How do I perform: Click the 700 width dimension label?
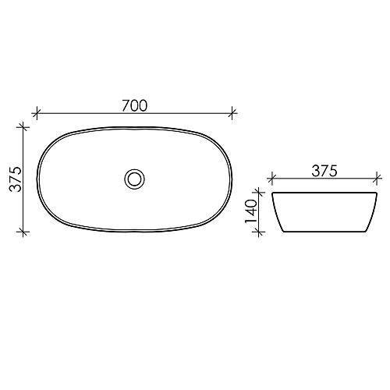135,105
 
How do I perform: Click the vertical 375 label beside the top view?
16,179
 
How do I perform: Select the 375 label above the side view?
324,171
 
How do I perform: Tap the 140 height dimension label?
251,211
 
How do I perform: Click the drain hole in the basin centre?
134,179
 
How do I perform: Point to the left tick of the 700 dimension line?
37,113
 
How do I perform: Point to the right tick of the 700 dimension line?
232,113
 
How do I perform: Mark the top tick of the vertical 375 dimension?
23,127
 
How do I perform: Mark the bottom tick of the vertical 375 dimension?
23,231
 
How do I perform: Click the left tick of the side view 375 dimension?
272,179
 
